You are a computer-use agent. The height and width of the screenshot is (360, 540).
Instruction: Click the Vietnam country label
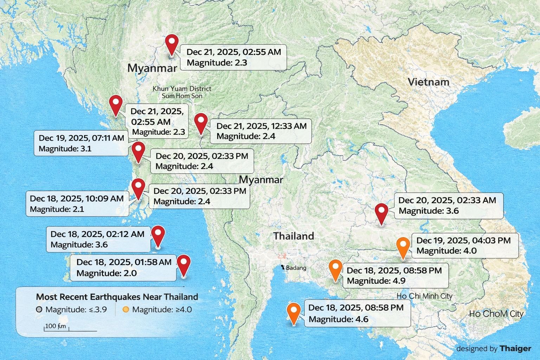(x=428, y=82)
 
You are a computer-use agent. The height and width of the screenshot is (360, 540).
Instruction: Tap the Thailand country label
(x=294, y=236)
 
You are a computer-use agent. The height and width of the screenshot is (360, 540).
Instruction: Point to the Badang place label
(x=296, y=268)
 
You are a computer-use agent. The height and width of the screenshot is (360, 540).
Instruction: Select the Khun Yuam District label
(x=182, y=89)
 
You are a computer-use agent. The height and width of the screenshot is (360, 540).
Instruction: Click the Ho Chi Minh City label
(x=424, y=296)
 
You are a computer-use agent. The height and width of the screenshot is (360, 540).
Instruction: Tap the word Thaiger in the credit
(x=515, y=348)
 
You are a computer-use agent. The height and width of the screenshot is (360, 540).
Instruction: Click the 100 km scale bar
(x=70, y=330)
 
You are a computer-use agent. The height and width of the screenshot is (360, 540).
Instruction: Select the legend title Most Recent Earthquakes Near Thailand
(x=117, y=297)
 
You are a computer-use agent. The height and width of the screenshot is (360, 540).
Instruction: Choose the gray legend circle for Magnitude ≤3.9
(x=39, y=310)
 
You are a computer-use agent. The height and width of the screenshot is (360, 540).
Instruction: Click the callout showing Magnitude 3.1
(x=81, y=143)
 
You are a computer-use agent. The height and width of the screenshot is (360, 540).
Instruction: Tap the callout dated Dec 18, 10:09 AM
(x=76, y=204)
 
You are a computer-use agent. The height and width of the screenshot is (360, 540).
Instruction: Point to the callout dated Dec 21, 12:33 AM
(x=261, y=131)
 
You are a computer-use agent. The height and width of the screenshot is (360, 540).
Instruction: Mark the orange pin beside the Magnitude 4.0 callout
(x=403, y=247)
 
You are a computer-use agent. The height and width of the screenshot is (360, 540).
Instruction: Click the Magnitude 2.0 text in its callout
(x=107, y=273)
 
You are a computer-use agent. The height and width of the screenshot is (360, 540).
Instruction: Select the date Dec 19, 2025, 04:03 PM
(x=463, y=240)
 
